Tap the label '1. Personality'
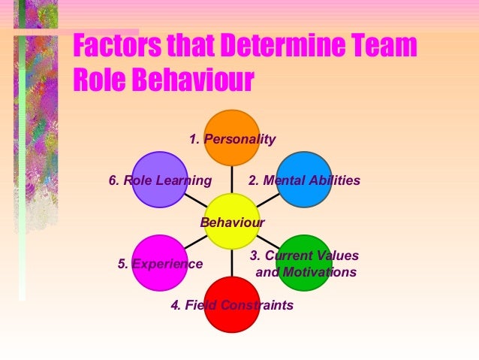click(x=232, y=139)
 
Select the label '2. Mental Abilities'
click(x=304, y=180)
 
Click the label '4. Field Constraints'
click(x=231, y=306)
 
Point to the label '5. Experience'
click(x=160, y=264)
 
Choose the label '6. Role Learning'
click(x=159, y=180)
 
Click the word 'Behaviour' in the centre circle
click(x=232, y=222)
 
